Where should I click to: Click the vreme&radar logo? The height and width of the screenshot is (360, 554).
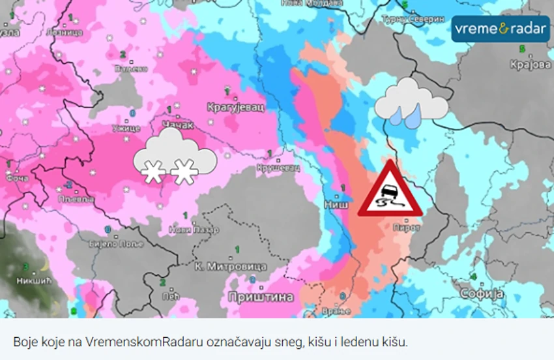[501, 29]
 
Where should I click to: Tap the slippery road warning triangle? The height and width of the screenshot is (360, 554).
[390, 190]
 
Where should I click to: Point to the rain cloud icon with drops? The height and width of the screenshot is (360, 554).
[410, 103]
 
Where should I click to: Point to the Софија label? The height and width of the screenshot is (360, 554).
[481, 294]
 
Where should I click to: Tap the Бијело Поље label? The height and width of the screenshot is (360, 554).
[104, 243]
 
